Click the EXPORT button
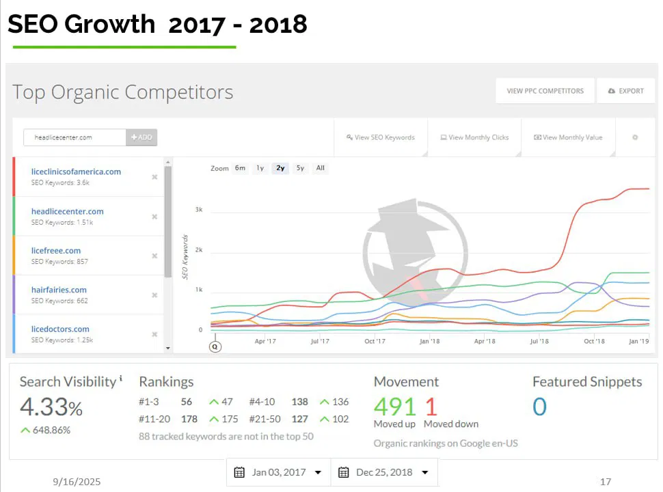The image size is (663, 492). [626, 91]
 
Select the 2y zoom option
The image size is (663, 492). [280, 168]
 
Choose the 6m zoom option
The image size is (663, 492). [240, 168]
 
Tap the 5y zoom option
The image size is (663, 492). [300, 168]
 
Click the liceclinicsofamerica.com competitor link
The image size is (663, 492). [76, 172]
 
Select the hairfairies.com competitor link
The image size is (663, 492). [59, 290]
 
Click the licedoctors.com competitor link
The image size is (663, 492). [60, 329]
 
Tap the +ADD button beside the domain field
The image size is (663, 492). [141, 137]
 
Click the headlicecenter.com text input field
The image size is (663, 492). [75, 137]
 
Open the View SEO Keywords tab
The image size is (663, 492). [381, 137]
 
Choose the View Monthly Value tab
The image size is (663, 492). [568, 137]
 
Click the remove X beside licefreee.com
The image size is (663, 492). [154, 256]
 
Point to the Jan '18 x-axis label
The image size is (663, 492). [429, 341]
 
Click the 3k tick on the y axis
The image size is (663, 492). [199, 210]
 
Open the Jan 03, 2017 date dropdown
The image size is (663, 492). [278, 472]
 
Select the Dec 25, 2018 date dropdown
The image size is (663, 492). [383, 472]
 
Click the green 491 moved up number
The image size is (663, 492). [394, 407]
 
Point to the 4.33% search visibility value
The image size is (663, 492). [51, 407]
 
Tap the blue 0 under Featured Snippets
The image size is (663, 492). [539, 407]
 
